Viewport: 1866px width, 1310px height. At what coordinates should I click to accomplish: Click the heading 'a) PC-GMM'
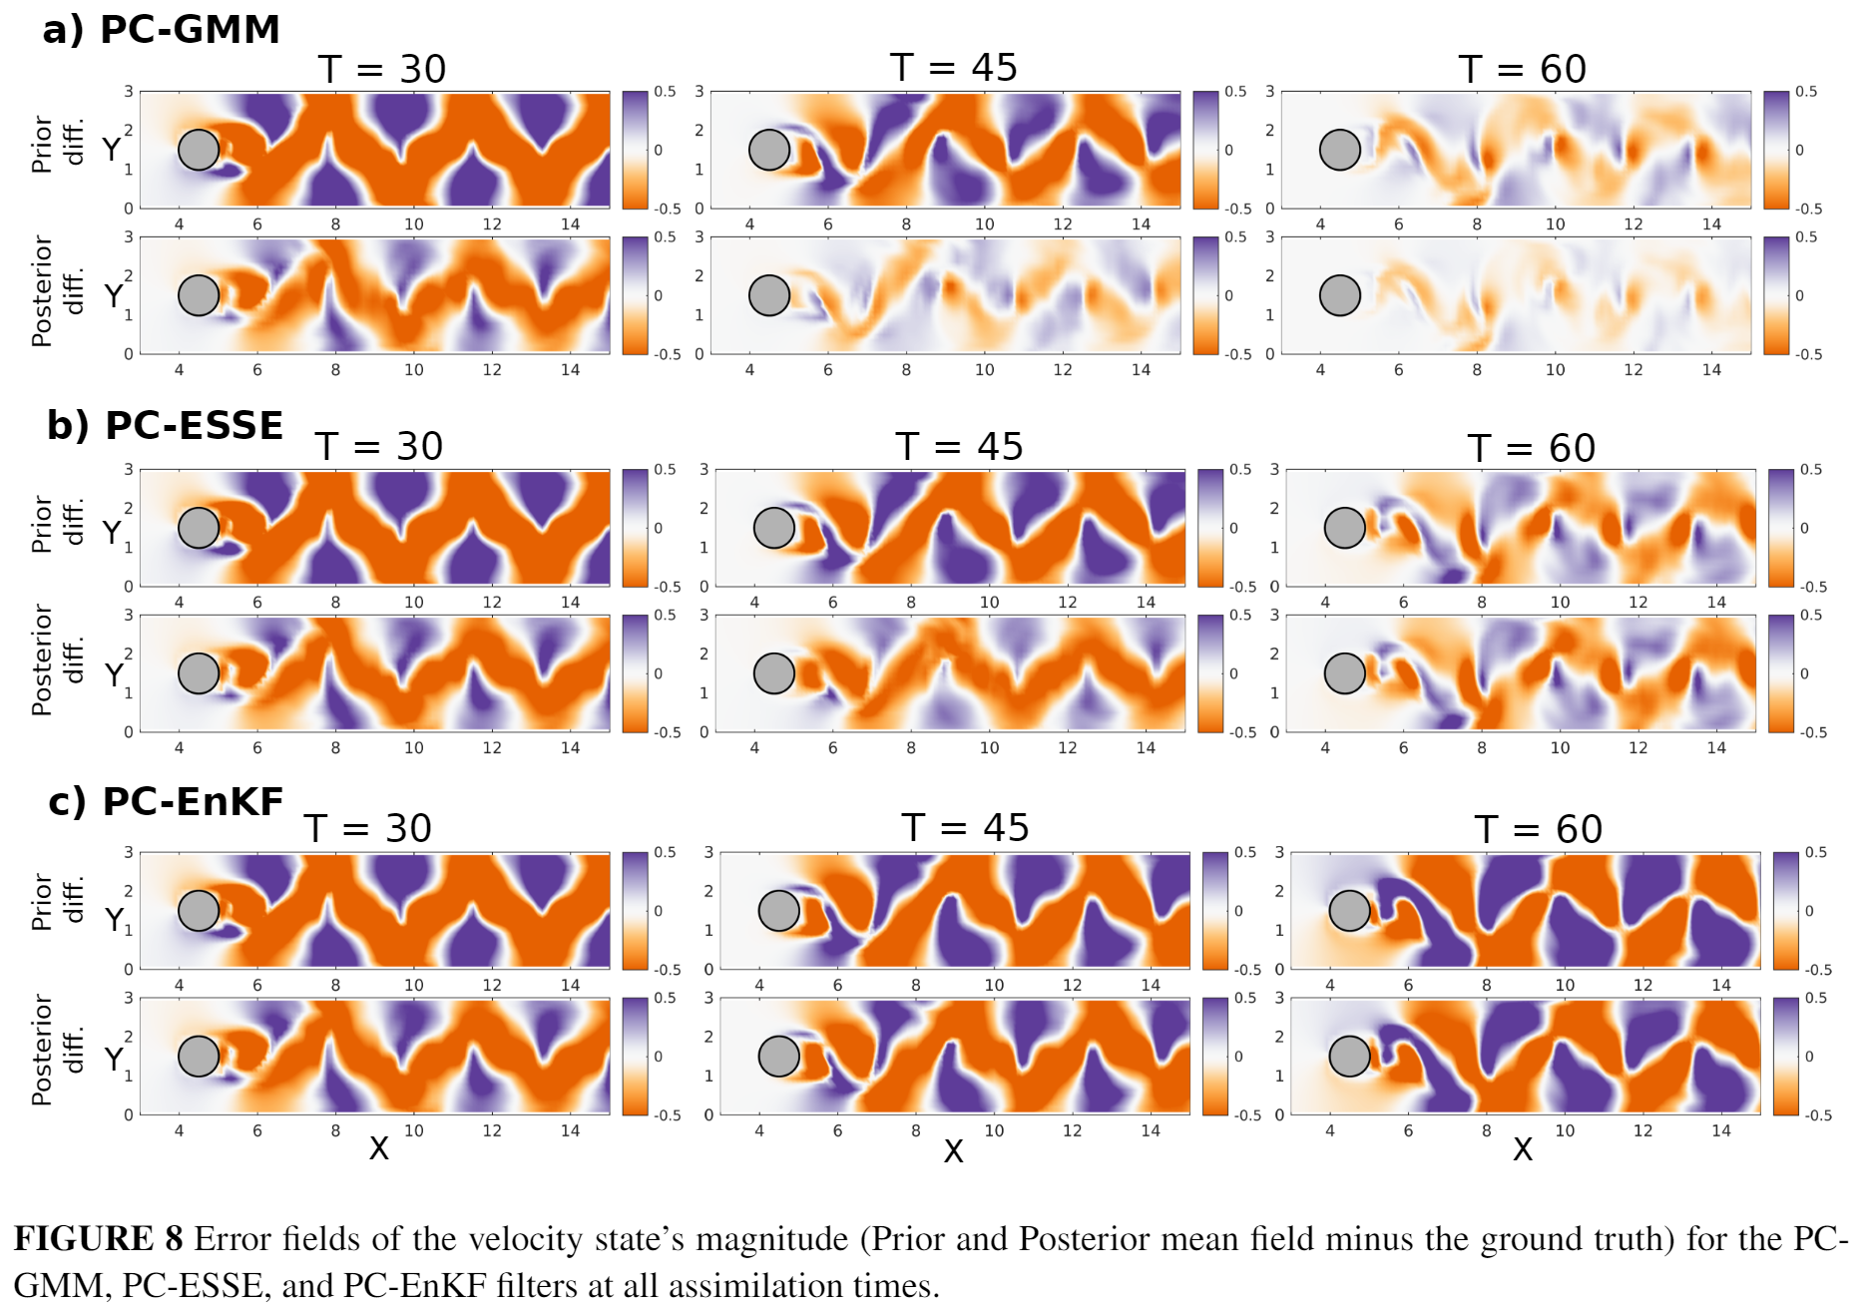[x=161, y=29]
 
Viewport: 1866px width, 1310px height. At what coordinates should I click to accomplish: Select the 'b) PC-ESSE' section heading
[x=165, y=425]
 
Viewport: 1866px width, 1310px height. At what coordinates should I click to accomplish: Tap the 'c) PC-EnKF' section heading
[x=166, y=801]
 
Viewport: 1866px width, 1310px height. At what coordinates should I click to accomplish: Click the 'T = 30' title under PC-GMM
[x=382, y=69]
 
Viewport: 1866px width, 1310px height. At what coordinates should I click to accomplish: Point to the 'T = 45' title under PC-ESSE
[x=959, y=446]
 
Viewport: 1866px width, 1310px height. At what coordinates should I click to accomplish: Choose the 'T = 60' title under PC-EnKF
[x=1538, y=829]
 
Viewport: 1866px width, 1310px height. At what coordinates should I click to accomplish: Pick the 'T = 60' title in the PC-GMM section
[x=1522, y=69]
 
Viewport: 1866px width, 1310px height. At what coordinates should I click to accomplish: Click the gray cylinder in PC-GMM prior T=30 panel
[x=199, y=150]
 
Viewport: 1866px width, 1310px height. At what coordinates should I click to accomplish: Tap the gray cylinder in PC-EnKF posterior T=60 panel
[x=1349, y=1056]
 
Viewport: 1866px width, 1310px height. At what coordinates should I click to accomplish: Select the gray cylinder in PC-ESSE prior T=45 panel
[x=774, y=528]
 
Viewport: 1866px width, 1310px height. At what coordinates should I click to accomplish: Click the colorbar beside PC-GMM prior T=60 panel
[x=1776, y=150]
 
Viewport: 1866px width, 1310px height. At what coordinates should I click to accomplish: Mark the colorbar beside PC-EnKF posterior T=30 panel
[x=635, y=1056]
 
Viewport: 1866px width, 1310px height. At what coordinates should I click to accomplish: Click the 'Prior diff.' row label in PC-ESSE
[x=56, y=525]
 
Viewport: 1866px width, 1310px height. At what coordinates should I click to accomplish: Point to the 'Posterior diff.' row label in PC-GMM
[x=56, y=291]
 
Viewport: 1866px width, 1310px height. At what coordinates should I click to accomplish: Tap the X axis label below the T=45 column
[x=954, y=1151]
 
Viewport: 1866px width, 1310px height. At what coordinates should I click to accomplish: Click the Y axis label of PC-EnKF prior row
[x=114, y=918]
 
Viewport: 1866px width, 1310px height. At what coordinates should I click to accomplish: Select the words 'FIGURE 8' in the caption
[x=98, y=1238]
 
